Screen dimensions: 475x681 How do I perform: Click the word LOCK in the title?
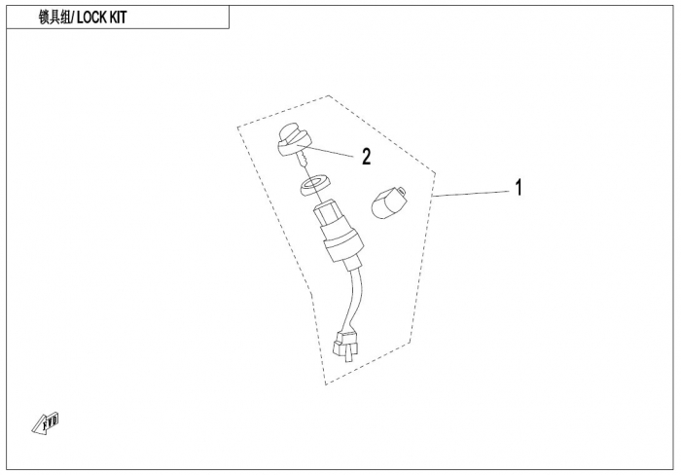coord(93,18)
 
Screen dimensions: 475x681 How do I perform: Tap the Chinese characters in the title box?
coord(53,18)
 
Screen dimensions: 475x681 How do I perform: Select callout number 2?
coord(366,157)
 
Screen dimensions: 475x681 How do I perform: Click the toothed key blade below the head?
coord(303,161)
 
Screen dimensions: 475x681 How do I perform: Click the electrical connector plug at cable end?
coord(343,342)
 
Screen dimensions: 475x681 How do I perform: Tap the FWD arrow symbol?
coord(47,420)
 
